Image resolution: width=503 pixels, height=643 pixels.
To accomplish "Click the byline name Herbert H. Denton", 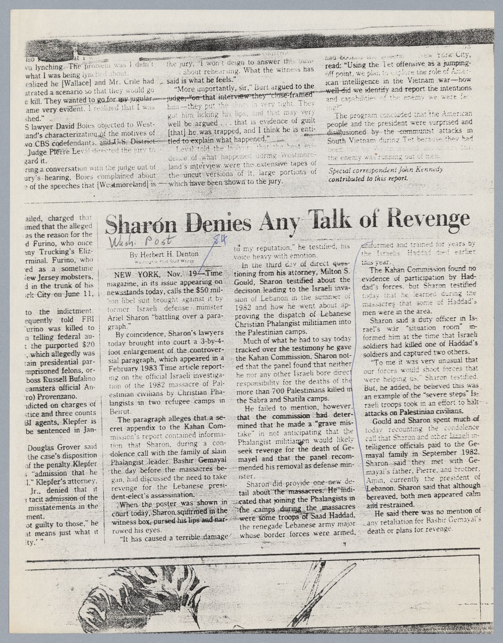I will pyautogui.click(x=163, y=254).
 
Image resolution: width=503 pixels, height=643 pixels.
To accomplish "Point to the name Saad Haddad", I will pyautogui.click(x=331, y=517).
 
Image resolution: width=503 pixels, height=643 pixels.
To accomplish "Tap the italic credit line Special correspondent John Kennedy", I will pyautogui.click(x=385, y=170).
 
